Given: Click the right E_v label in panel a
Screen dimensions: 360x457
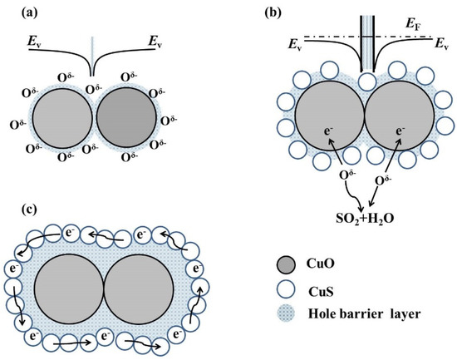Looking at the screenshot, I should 155,39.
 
